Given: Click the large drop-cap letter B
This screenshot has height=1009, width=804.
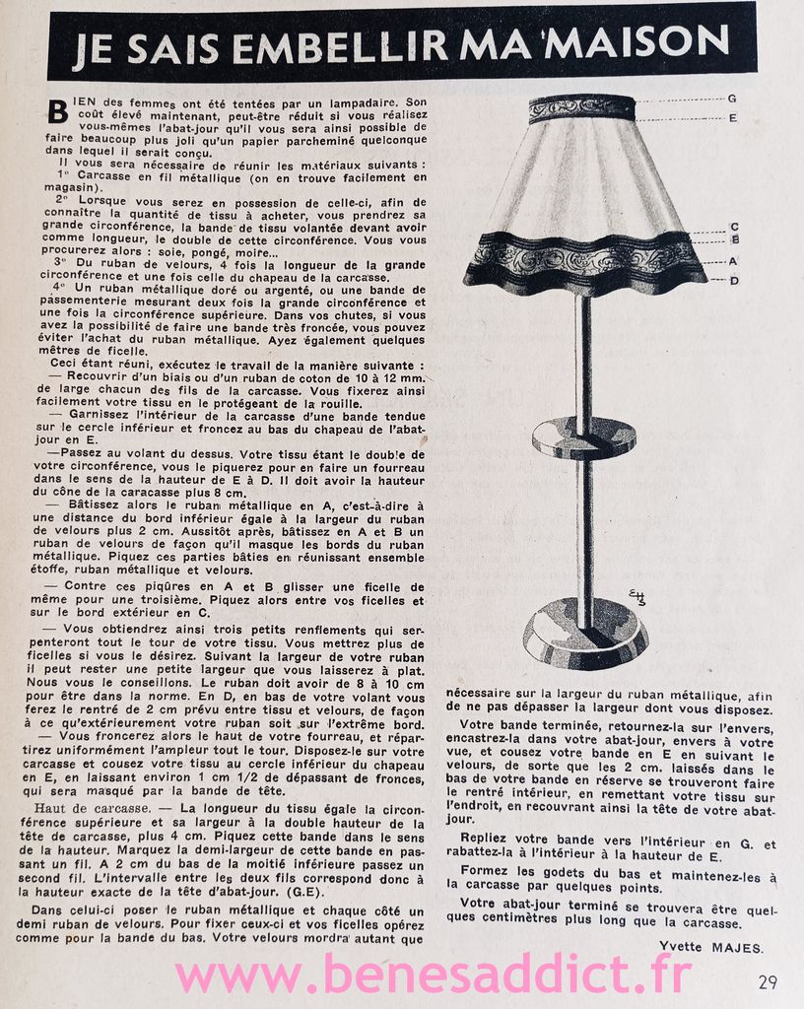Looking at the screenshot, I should (58, 111).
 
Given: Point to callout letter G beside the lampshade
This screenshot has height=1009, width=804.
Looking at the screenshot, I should (732, 99).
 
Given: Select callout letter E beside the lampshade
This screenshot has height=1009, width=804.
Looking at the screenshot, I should (732, 118).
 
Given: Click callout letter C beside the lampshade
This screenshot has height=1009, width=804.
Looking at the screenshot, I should (734, 227).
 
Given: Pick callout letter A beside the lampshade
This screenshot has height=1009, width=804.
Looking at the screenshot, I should (734, 261).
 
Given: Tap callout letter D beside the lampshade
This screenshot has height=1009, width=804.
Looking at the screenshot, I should (734, 281).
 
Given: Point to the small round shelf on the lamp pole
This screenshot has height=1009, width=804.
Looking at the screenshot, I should (583, 436).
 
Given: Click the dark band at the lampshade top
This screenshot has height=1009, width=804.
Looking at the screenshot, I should (581, 108).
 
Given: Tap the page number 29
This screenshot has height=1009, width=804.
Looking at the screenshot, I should (769, 981).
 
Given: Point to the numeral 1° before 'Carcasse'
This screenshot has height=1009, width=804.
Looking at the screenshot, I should (80, 177).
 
